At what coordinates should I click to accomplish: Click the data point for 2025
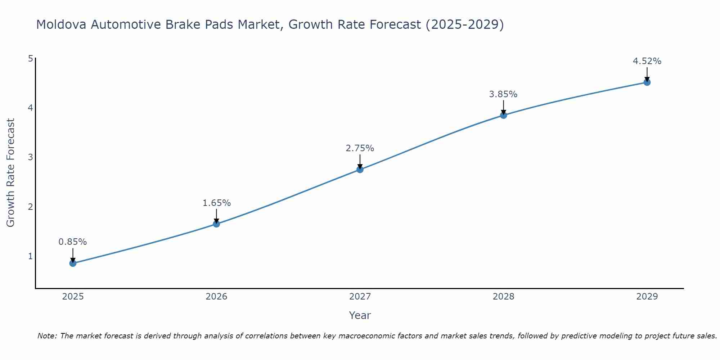(x=73, y=263)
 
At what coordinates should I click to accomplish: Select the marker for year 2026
(x=216, y=224)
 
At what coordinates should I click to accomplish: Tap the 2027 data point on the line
(x=360, y=170)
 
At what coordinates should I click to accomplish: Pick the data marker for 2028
(x=503, y=115)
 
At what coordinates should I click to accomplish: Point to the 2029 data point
(x=647, y=82)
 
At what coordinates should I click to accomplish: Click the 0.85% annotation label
(x=73, y=242)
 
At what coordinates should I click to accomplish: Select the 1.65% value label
(x=216, y=203)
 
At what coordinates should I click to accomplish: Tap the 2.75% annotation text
(x=360, y=148)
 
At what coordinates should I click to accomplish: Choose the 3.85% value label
(x=503, y=94)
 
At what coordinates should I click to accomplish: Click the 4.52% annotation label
(x=647, y=61)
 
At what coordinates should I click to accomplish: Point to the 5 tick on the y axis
(x=30, y=58)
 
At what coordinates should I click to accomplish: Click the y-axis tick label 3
(x=30, y=157)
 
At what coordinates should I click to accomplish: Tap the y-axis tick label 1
(x=30, y=256)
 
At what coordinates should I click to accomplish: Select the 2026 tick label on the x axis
(x=216, y=297)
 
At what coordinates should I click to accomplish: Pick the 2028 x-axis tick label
(x=503, y=297)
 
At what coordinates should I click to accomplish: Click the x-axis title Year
(x=360, y=315)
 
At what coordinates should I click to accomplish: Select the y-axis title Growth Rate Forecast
(x=11, y=173)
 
